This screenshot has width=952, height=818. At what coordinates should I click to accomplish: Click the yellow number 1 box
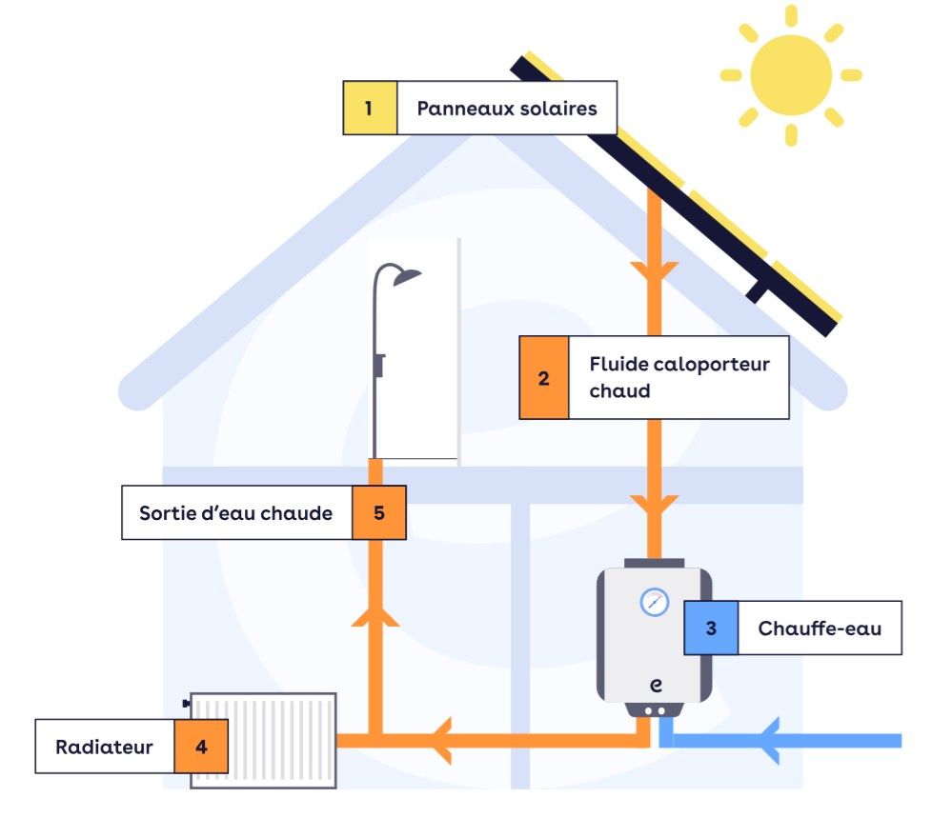(x=369, y=108)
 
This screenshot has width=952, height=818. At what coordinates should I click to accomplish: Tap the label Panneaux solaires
(x=506, y=108)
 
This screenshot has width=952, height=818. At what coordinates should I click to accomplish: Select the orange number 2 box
(x=543, y=378)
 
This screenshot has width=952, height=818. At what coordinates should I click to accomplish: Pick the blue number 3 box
(x=710, y=628)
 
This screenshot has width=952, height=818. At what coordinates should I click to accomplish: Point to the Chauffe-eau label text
(x=820, y=628)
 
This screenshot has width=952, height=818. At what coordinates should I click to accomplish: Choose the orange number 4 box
(x=201, y=747)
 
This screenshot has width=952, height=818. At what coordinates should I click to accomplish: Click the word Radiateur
(x=104, y=747)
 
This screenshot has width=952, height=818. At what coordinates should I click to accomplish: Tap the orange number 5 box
(x=379, y=513)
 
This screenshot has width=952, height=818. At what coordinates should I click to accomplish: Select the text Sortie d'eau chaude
(x=235, y=513)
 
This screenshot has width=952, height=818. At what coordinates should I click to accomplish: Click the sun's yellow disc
(x=790, y=75)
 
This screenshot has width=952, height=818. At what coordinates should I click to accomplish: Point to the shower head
(x=407, y=276)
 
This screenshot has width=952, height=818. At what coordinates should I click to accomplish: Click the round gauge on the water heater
(x=654, y=602)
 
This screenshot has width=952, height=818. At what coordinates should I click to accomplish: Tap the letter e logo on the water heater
(x=656, y=685)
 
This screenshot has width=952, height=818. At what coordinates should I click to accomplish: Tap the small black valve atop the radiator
(x=186, y=704)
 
